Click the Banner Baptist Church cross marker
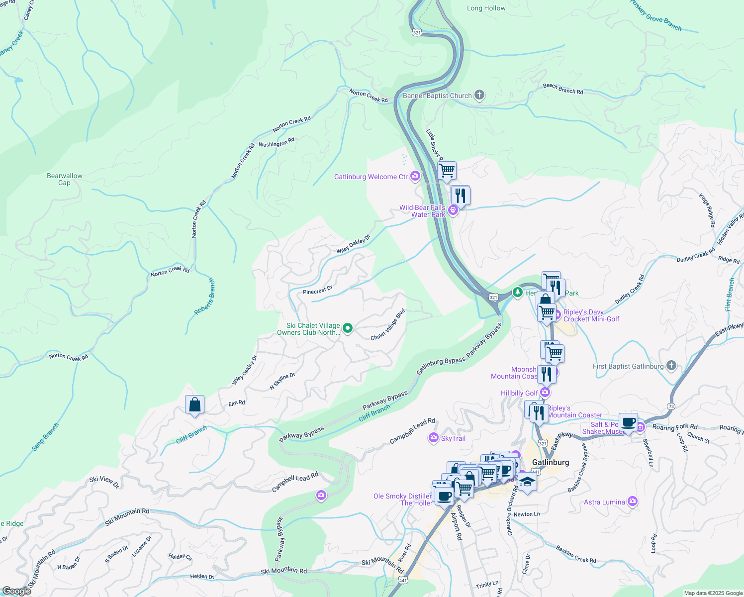coord(479,95)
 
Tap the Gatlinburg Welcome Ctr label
coord(371,177)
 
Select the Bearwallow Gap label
coord(65,179)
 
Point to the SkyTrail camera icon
coord(433,438)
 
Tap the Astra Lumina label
coord(604,502)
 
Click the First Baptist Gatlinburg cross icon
coord(671,366)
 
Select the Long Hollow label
coord(486,8)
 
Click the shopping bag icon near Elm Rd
coord(194,404)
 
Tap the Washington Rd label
coord(277,143)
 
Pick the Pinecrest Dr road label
coord(317,290)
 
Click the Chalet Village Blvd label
coord(388,325)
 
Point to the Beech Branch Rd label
coord(563,89)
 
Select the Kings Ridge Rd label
coord(707,210)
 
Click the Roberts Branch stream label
coord(205,297)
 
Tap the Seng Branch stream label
coord(45,437)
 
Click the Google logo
coord(16,591)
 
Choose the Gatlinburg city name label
coord(551,462)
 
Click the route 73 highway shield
coord(672,406)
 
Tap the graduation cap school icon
coord(527,482)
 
